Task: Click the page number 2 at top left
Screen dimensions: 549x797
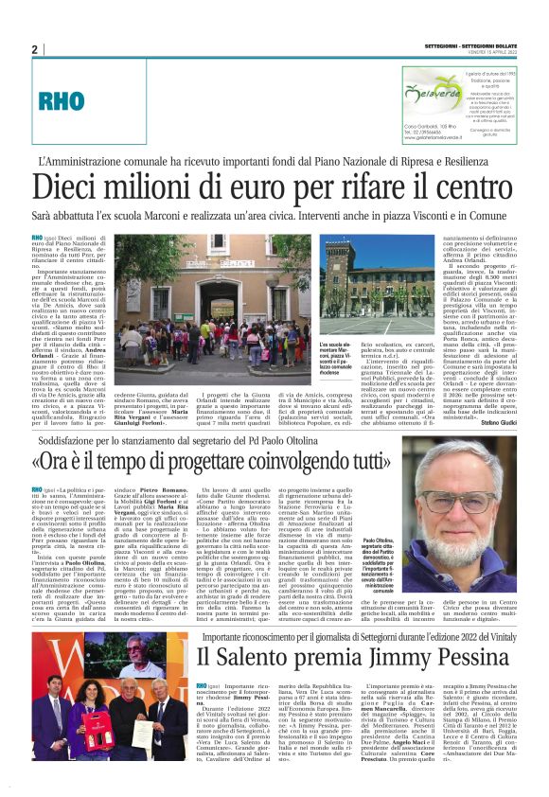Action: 35,50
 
